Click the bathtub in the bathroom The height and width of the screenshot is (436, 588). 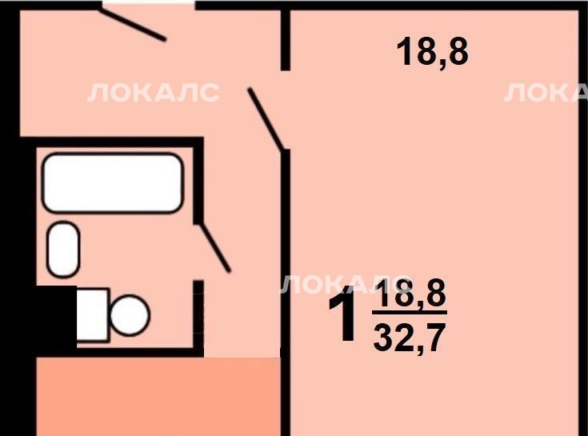113,183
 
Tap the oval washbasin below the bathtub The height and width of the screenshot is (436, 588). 63,250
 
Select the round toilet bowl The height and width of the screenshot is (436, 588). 130,315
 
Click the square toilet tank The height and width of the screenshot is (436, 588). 93,315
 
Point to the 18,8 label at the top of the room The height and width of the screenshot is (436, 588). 432,52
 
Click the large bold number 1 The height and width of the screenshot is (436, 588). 342,314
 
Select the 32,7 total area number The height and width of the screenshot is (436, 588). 410,338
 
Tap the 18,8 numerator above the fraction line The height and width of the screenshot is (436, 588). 411,293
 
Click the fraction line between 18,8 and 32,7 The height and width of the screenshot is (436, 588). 410,312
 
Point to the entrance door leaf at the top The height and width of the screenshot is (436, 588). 132,24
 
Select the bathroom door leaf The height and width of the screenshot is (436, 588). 215,246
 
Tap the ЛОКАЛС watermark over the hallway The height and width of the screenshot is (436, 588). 153,92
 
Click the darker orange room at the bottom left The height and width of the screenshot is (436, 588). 158,397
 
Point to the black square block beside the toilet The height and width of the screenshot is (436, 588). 56,318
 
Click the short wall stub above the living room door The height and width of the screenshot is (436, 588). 286,39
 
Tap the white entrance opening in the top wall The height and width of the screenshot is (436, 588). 149,5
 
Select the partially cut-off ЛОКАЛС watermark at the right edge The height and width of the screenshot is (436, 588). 546,92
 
